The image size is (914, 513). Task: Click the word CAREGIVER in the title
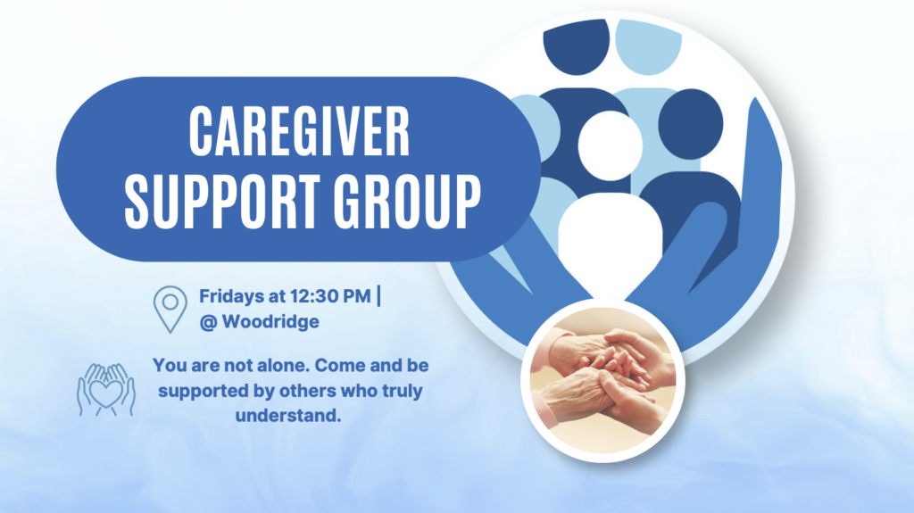(x=300, y=131)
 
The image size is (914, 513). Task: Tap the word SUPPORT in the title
(x=221, y=201)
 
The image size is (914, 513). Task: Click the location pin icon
(x=170, y=309)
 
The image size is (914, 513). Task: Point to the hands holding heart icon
(x=106, y=389)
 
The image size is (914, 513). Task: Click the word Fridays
(x=231, y=296)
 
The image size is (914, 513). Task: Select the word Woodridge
(x=270, y=321)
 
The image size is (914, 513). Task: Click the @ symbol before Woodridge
(x=208, y=322)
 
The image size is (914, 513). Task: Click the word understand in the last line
(x=288, y=416)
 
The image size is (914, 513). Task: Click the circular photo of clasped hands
(x=602, y=381)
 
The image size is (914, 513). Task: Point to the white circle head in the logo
(x=610, y=145)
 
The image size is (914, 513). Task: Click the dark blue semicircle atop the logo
(x=577, y=46)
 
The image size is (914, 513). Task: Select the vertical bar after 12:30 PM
(x=378, y=295)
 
